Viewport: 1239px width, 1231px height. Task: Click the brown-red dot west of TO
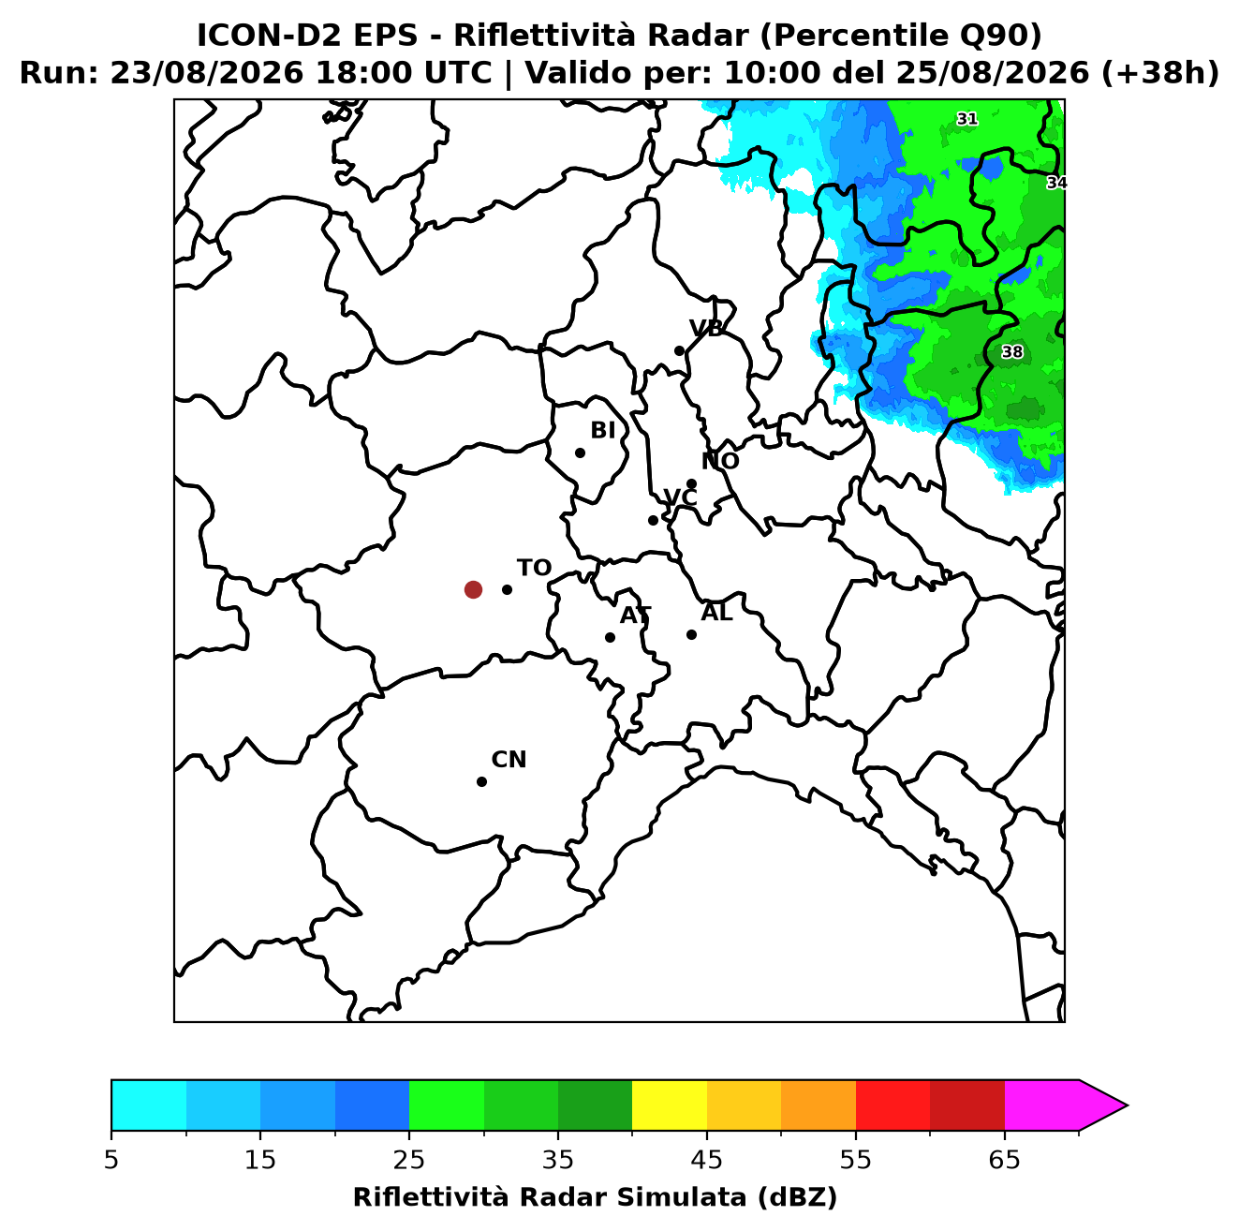pyautogui.click(x=473, y=588)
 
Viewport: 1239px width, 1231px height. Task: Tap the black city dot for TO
pyautogui.click(x=507, y=589)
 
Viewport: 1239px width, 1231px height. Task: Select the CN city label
pyautogui.click(x=509, y=760)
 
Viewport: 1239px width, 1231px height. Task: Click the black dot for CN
pyautogui.click(x=481, y=781)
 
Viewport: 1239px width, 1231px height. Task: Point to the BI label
pyautogui.click(x=602, y=431)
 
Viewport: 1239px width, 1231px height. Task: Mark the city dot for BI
pyautogui.click(x=580, y=453)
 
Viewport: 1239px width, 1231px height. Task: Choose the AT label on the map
pyautogui.click(x=635, y=615)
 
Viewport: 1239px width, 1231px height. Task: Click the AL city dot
pyautogui.click(x=691, y=634)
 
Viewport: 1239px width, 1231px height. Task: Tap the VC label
pyautogui.click(x=680, y=497)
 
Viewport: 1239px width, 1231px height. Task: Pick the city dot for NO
pyautogui.click(x=691, y=483)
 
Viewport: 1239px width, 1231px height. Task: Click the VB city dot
pyautogui.click(x=679, y=350)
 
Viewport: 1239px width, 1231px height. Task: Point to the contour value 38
pyautogui.click(x=1012, y=352)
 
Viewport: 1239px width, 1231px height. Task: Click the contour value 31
pyautogui.click(x=967, y=119)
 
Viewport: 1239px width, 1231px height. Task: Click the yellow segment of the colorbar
pyautogui.click(x=670, y=1105)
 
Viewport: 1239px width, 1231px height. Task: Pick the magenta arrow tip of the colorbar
pyautogui.click(x=1127, y=1105)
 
